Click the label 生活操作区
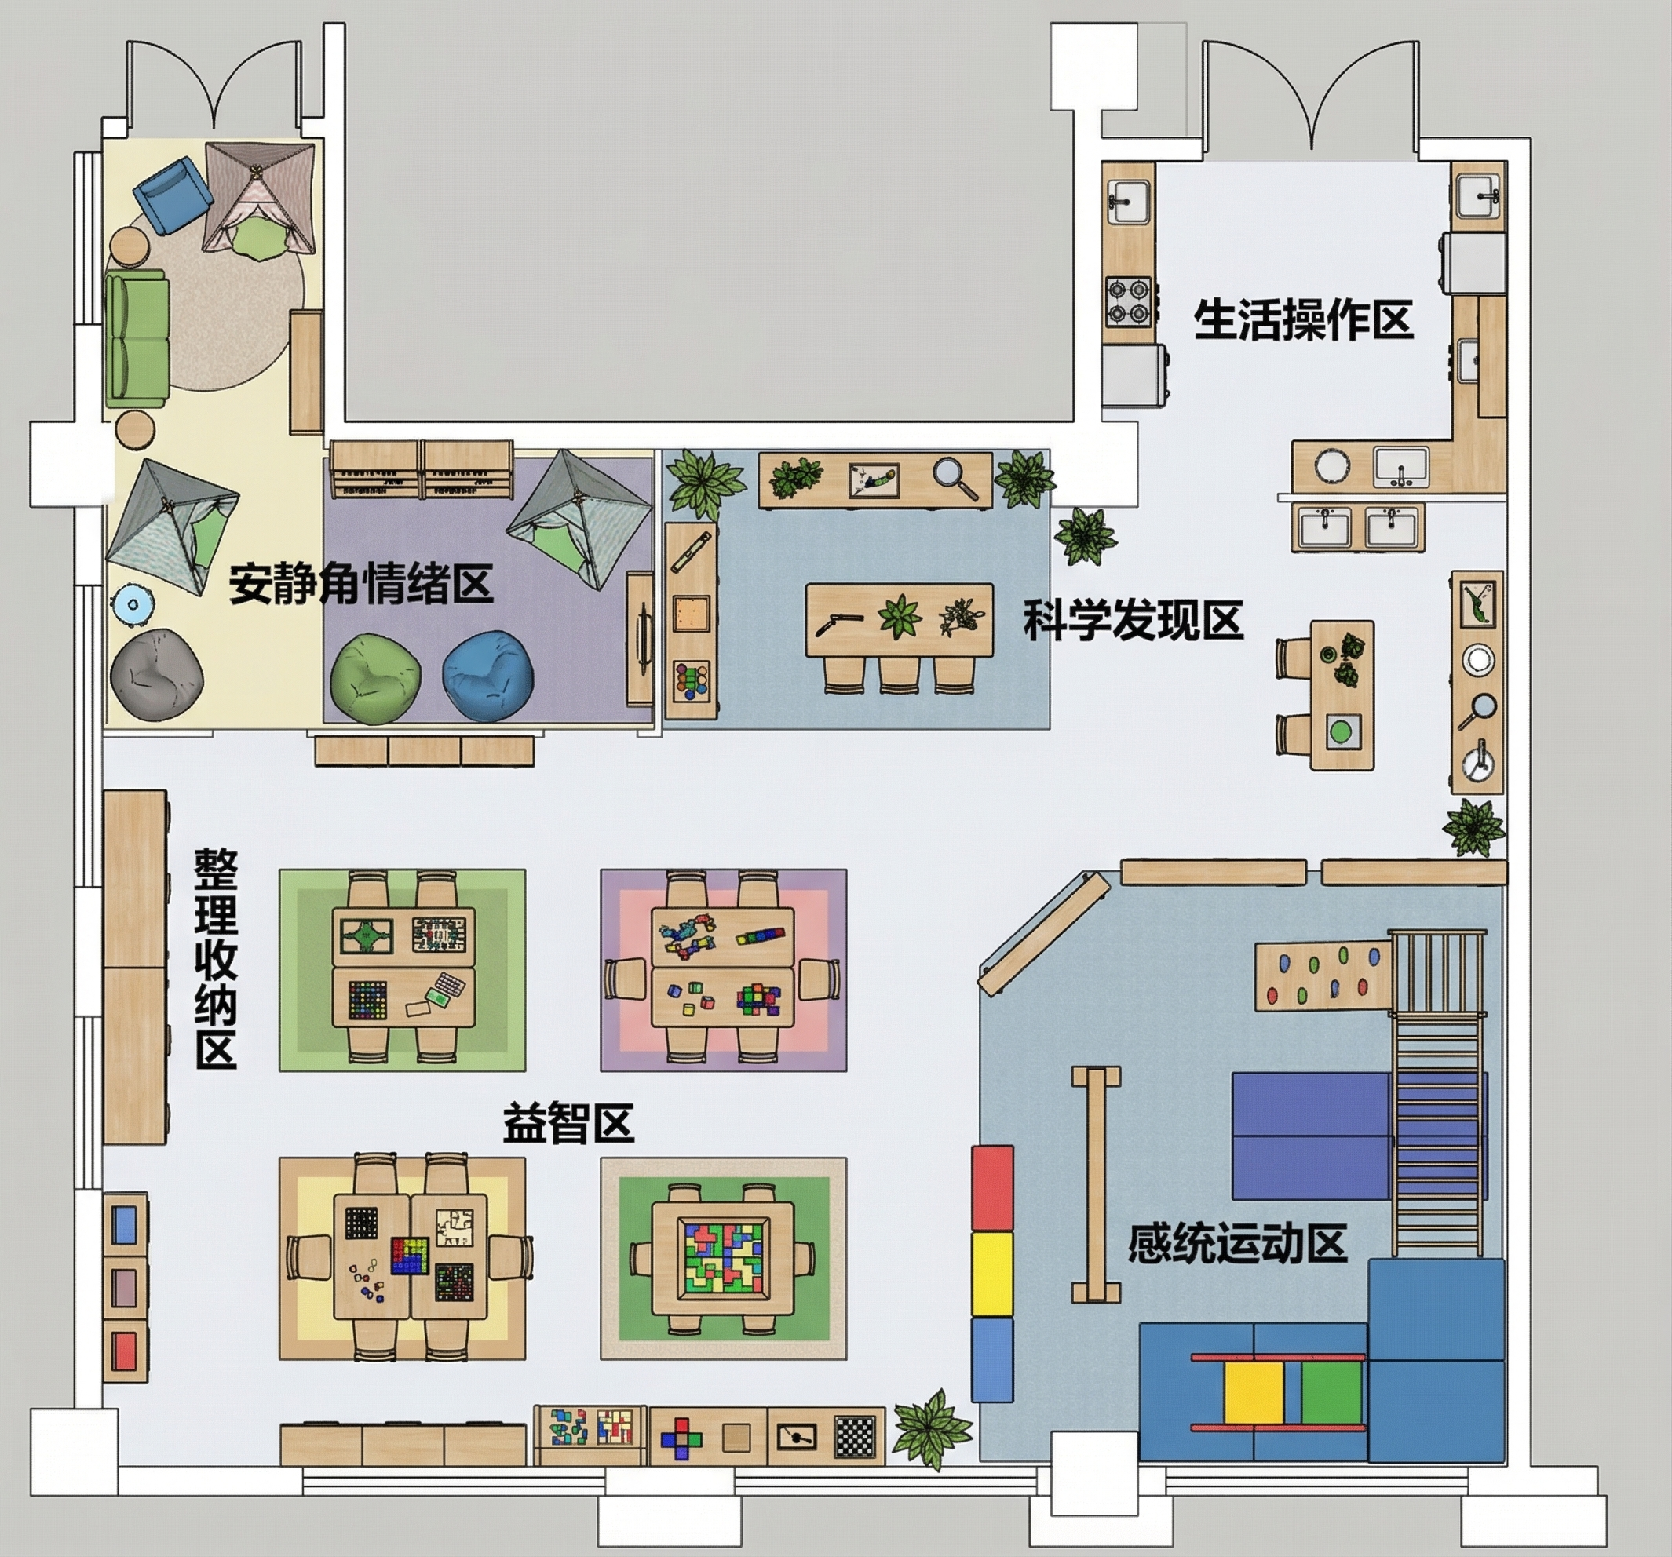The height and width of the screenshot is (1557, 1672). pyautogui.click(x=1303, y=319)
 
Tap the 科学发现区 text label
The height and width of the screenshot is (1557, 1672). pyautogui.click(x=1133, y=621)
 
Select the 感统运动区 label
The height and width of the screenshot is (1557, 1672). pyautogui.click(x=1237, y=1243)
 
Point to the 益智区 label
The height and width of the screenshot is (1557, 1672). pyautogui.click(x=568, y=1122)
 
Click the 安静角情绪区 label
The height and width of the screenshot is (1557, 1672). pyautogui.click(x=361, y=582)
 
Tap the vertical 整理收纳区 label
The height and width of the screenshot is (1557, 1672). pyautogui.click(x=216, y=959)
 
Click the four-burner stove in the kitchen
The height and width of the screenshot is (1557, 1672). pyautogui.click(x=1128, y=302)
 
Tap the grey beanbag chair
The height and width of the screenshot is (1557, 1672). pyautogui.click(x=156, y=675)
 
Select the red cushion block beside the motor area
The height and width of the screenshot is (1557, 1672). pyautogui.click(x=992, y=1188)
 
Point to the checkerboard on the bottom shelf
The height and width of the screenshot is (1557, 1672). pyautogui.click(x=856, y=1437)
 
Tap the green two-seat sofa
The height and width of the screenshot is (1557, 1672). pyautogui.click(x=137, y=339)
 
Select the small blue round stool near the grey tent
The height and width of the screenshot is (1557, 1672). pyautogui.click(x=133, y=603)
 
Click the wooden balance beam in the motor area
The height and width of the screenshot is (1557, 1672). pyautogui.click(x=1096, y=1184)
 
